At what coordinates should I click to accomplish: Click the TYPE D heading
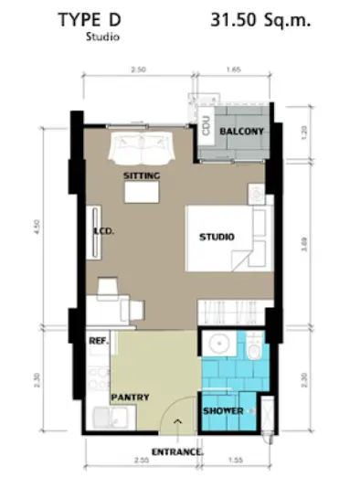[x=90, y=20]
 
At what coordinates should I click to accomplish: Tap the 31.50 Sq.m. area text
[x=260, y=20]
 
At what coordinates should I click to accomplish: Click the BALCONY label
[x=242, y=132]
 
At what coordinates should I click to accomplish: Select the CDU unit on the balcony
[x=206, y=125]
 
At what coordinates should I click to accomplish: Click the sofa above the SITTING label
[x=142, y=148]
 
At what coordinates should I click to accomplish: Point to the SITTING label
[x=142, y=175]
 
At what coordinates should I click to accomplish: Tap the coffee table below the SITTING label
[x=142, y=192]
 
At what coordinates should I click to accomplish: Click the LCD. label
[x=103, y=231]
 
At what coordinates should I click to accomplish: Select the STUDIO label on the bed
[x=217, y=237]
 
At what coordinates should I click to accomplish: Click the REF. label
[x=99, y=341]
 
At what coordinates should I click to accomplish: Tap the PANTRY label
[x=130, y=397]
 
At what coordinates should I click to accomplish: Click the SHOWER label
[x=223, y=411]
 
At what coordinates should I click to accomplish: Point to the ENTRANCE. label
[x=177, y=452]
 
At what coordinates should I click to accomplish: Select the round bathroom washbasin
[x=219, y=344]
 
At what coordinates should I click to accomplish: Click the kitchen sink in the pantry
[x=111, y=418]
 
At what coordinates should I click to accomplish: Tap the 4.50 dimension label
[x=37, y=227]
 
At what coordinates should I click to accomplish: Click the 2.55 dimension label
[x=142, y=460]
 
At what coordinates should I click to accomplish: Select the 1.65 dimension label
[x=234, y=69]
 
